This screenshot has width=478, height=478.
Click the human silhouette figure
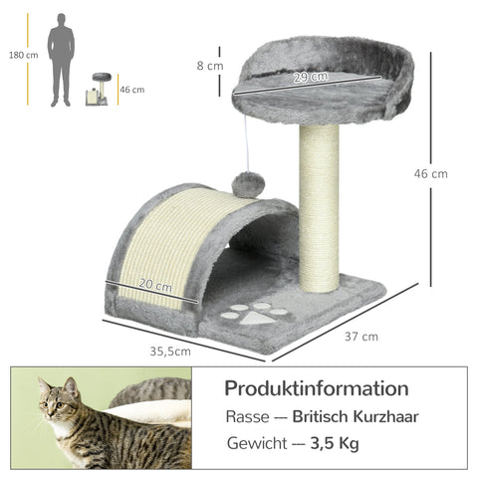pos(62,60)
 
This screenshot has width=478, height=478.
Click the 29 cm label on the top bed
pos(311,78)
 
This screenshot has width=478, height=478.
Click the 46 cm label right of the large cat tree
pos(430,173)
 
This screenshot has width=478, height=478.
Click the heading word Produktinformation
pos(316,388)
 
